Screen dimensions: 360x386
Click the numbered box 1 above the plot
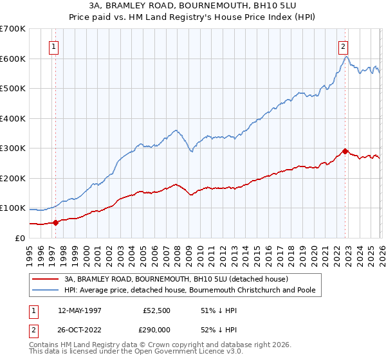[x=54, y=46]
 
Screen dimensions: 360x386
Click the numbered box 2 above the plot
[x=344, y=46]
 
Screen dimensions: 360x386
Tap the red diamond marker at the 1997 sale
[x=55, y=222]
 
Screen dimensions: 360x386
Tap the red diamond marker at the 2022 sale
[x=345, y=152]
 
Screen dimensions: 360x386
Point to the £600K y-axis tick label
[x=13, y=59]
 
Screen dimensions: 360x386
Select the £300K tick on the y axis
[x=13, y=148]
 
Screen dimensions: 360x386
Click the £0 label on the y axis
[x=19, y=238]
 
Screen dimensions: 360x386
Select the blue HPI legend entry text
[x=190, y=290]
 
